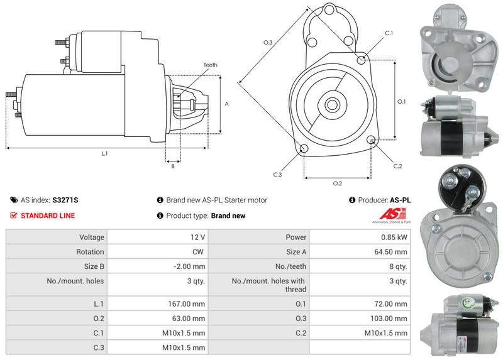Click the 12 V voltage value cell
[x=197, y=237]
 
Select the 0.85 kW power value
[x=394, y=237]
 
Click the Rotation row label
[x=91, y=252]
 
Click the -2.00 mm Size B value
[x=191, y=266]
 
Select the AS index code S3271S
[x=65, y=200]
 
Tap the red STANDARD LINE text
[x=48, y=215]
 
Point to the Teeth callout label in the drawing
[x=210, y=65]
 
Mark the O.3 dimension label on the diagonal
[x=267, y=42]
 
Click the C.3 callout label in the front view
[x=277, y=175]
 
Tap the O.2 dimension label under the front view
[x=337, y=183]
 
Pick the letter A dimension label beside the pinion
[x=226, y=104]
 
